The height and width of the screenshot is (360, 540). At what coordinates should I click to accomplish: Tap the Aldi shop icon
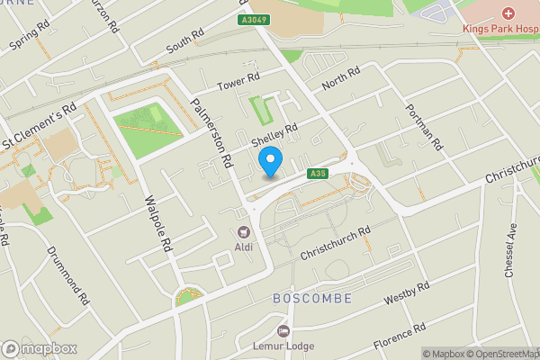[x=244, y=231]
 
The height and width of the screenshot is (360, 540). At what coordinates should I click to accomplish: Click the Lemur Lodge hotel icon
[x=283, y=332]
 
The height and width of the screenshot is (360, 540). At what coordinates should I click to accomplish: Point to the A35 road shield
[x=316, y=174]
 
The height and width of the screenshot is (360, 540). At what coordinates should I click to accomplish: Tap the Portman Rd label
[x=425, y=130]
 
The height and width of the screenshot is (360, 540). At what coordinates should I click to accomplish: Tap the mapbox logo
[x=40, y=348]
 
